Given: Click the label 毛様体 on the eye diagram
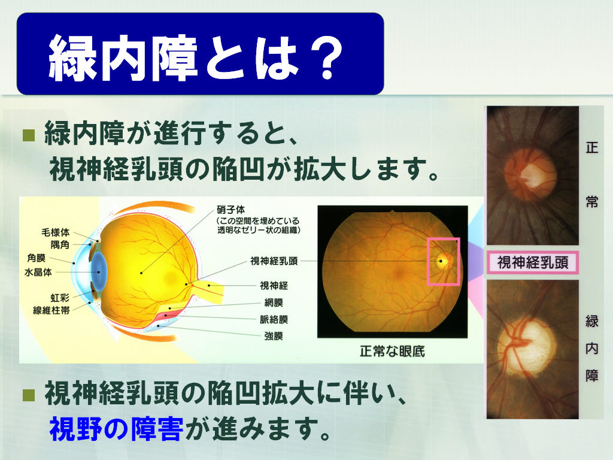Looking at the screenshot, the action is [x=56, y=232].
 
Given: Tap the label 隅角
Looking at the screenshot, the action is [x=60, y=245].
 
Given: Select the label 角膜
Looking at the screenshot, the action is [x=37, y=258].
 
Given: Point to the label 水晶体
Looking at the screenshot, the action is [x=38, y=272].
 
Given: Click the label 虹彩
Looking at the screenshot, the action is [x=60, y=298].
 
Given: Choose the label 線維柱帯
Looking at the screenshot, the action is [x=51, y=311].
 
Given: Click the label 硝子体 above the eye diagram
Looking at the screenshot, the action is [x=231, y=210].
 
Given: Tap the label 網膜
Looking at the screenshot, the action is [x=274, y=302].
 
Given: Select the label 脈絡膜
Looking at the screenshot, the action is [x=274, y=319].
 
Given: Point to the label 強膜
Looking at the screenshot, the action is [x=274, y=336].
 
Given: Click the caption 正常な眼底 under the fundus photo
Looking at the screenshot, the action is [x=392, y=351].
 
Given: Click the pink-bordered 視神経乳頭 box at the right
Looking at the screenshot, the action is [x=532, y=262].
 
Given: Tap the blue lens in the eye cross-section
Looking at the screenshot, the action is [x=99, y=272].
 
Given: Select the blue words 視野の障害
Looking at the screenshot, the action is [x=116, y=429].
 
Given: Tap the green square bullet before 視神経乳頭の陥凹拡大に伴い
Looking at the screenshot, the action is [x=29, y=395].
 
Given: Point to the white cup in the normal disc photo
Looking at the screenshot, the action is [x=532, y=174].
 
